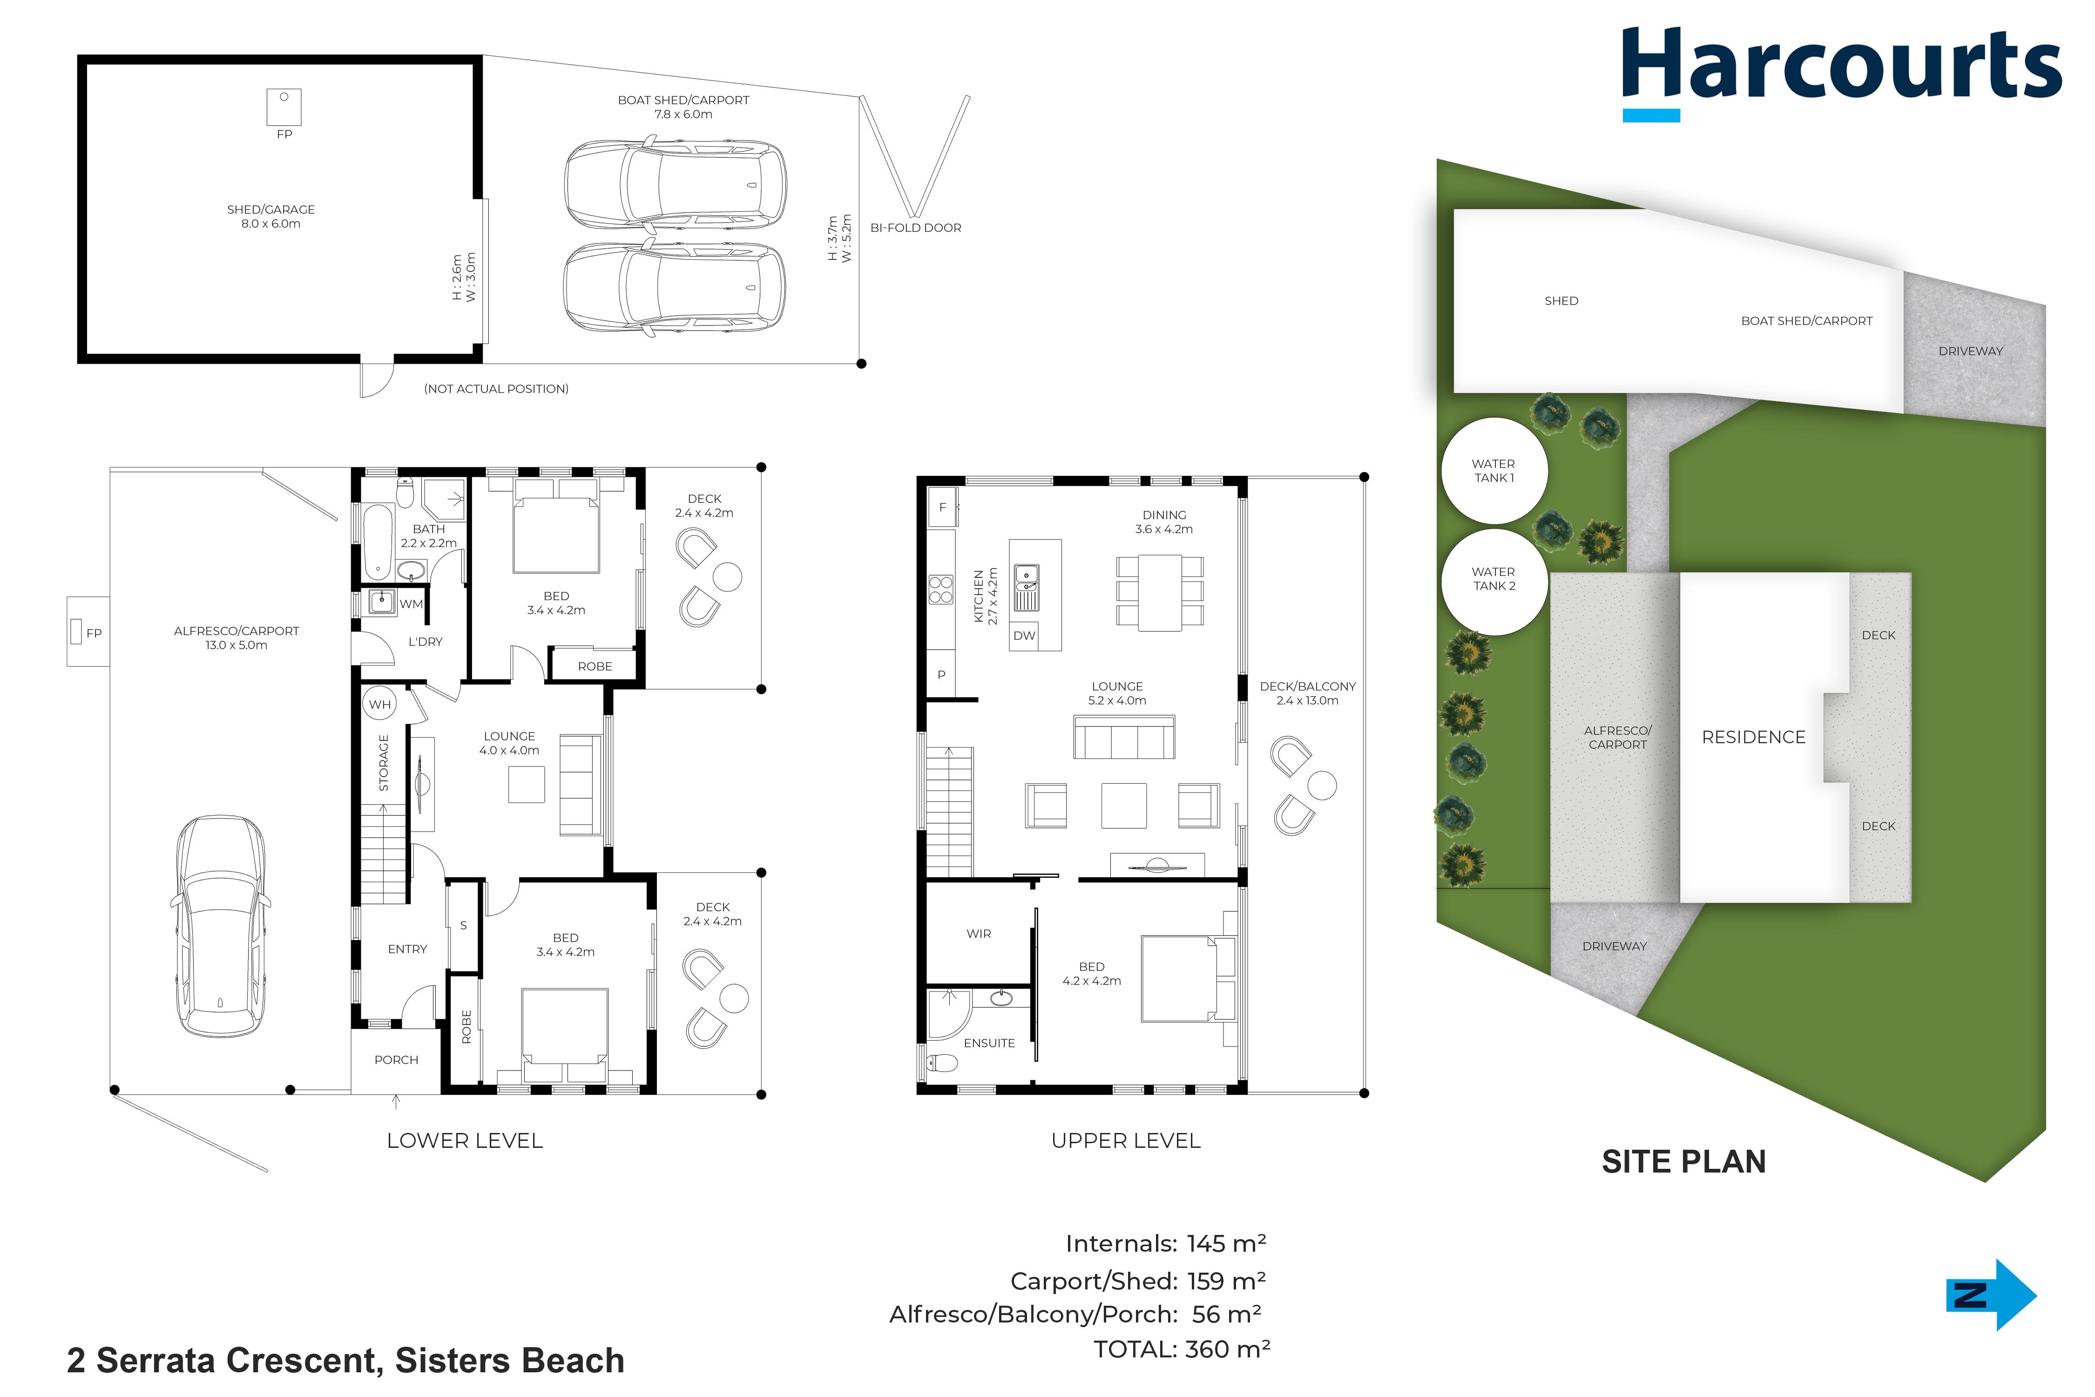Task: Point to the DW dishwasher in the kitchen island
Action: click(1024, 635)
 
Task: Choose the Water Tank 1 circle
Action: click(1494, 470)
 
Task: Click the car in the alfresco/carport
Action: click(220, 927)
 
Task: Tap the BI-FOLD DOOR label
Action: click(916, 228)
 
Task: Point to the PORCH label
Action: click(396, 1060)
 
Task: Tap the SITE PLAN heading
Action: click(1683, 1162)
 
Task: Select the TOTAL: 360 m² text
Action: click(1182, 1350)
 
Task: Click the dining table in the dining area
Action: click(1160, 592)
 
